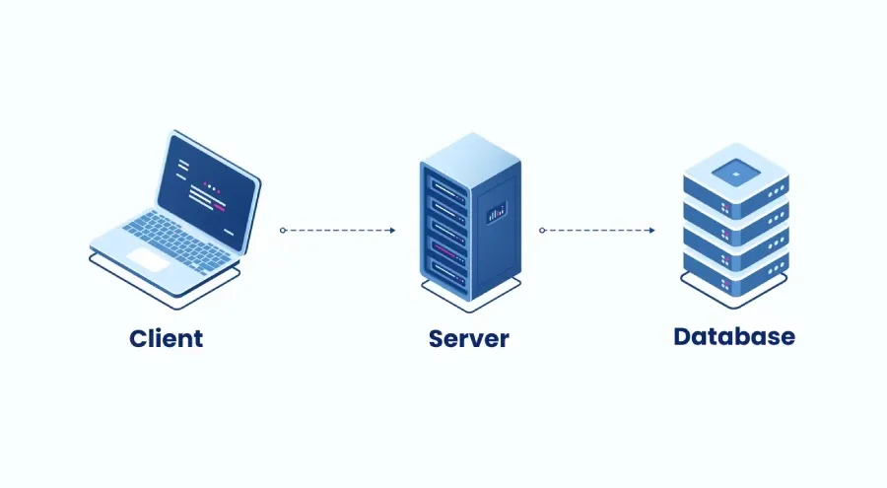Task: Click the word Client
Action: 166,338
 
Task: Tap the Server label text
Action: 468,339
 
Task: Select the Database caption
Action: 734,336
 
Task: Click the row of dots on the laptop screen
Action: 212,184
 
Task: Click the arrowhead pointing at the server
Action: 391,230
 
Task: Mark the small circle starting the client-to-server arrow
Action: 283,230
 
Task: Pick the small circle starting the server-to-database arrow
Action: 543,230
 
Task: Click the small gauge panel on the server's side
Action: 497,210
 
